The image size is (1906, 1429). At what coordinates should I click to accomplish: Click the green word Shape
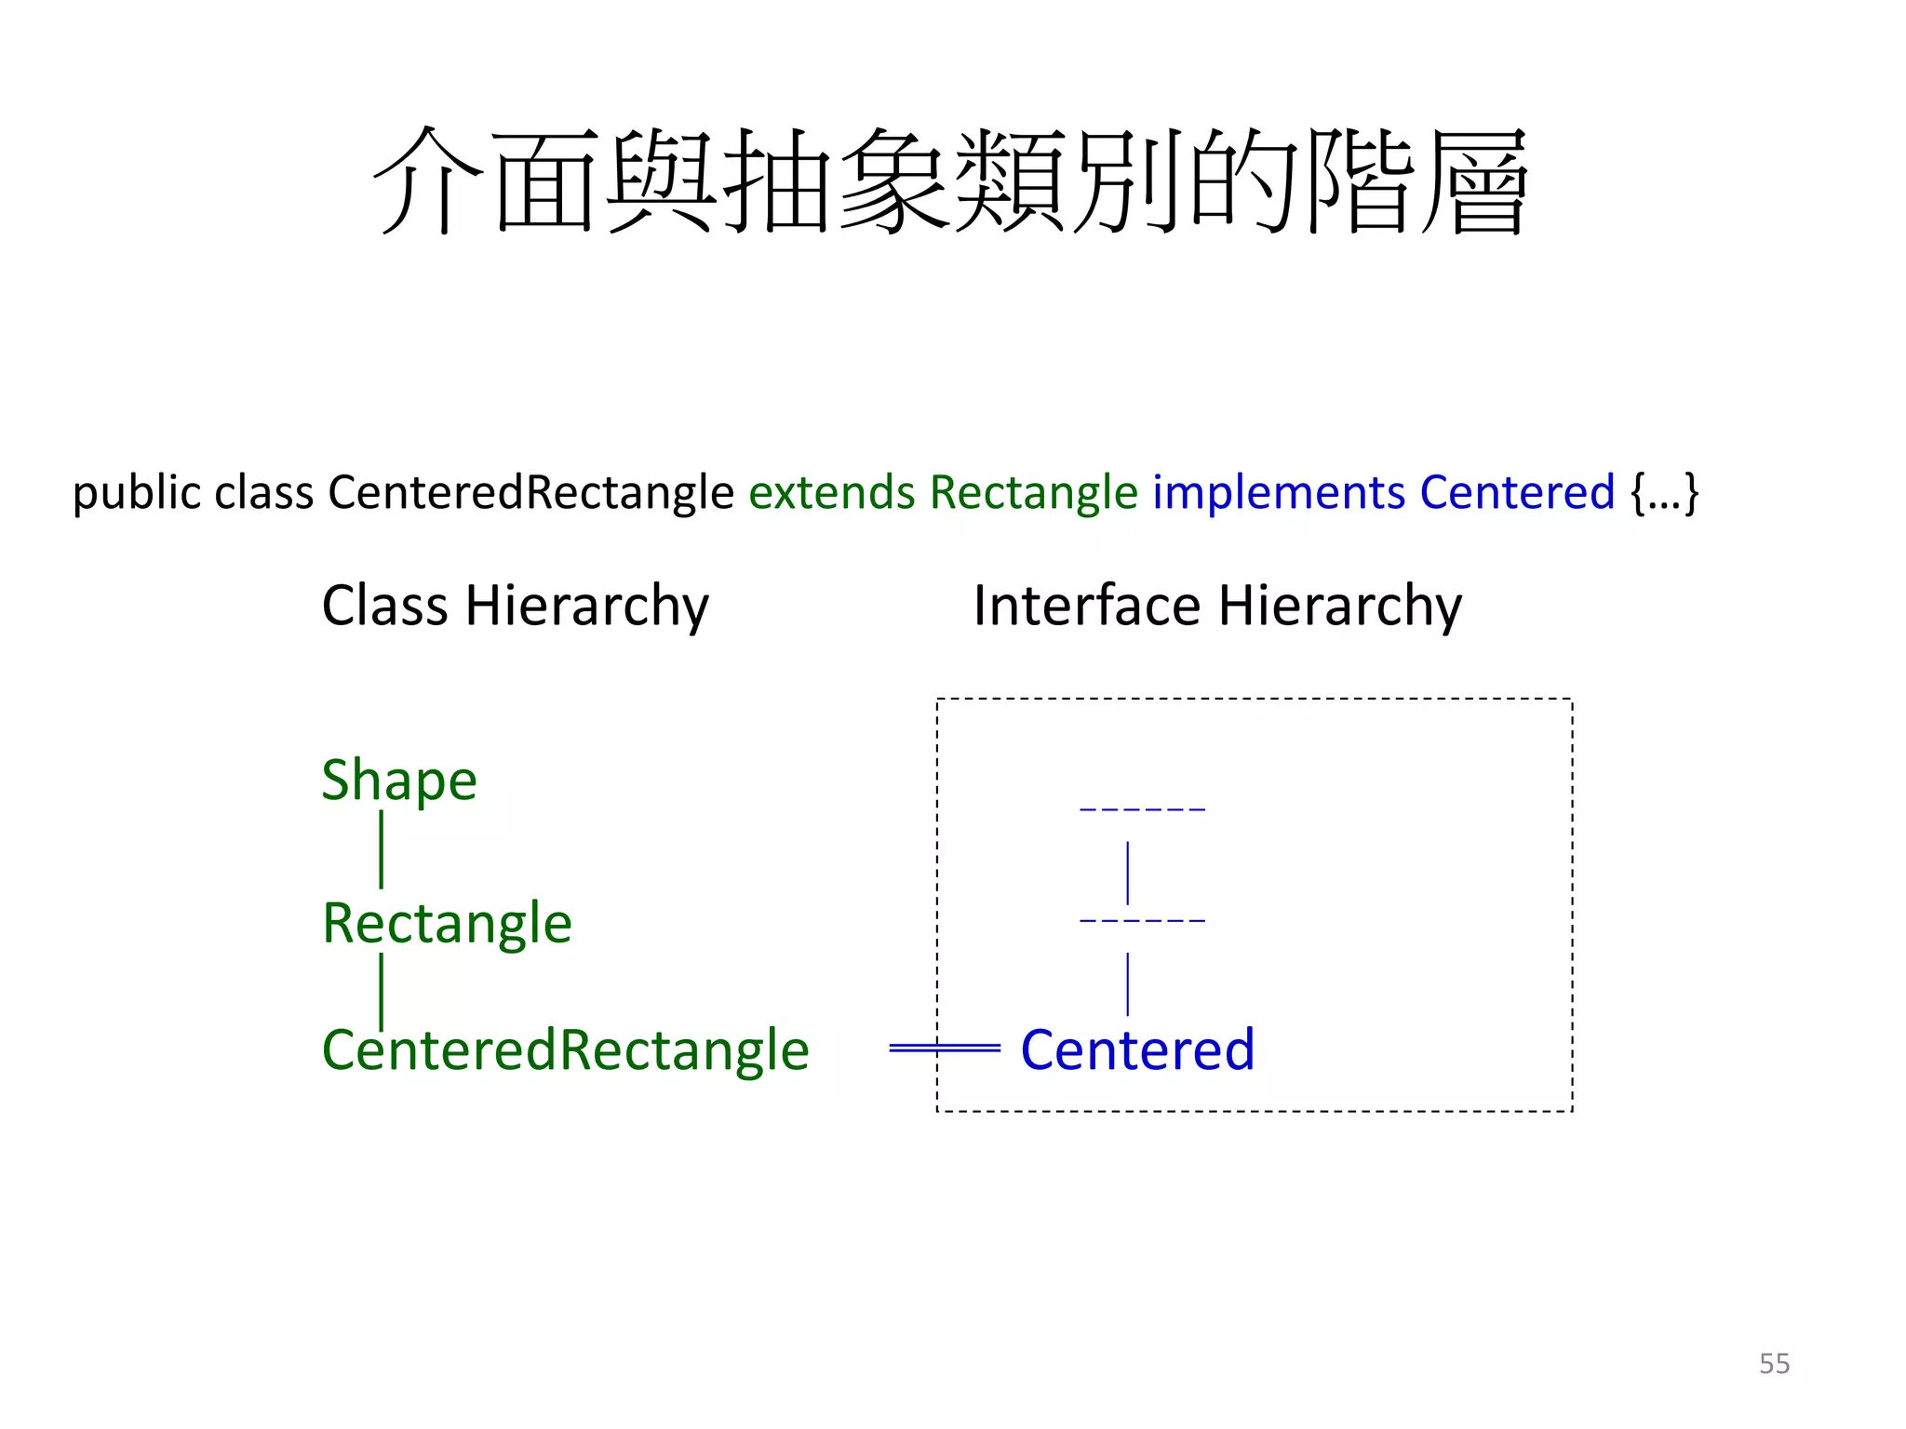tap(398, 780)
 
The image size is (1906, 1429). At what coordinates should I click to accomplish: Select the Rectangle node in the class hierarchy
tap(447, 923)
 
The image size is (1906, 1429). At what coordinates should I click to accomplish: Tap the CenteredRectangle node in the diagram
tap(565, 1049)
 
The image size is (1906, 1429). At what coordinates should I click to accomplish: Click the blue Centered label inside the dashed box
tap(1137, 1049)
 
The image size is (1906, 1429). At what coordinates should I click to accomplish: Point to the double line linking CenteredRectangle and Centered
tap(944, 1048)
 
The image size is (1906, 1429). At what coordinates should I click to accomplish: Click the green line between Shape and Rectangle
tap(382, 848)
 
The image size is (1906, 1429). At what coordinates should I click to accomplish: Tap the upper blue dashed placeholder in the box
tap(1142, 809)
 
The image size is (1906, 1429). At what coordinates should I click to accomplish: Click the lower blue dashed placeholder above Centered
tap(1142, 920)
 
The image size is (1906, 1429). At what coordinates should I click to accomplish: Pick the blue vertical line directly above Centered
tap(1128, 983)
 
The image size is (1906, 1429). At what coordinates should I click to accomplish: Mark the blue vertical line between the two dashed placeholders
tap(1128, 872)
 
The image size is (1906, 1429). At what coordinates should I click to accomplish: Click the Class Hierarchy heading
tap(515, 607)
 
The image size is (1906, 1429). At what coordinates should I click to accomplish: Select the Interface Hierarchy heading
tap(1216, 607)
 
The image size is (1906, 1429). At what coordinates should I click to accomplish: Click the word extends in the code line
tap(831, 492)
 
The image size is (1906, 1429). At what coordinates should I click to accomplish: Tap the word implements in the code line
tap(1279, 492)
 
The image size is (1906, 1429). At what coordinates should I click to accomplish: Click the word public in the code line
tap(136, 492)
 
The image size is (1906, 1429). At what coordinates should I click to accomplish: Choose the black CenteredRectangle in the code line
tap(530, 492)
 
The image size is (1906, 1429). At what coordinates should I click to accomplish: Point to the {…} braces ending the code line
tap(1664, 492)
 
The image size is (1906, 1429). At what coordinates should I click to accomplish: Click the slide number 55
tap(1774, 1363)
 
